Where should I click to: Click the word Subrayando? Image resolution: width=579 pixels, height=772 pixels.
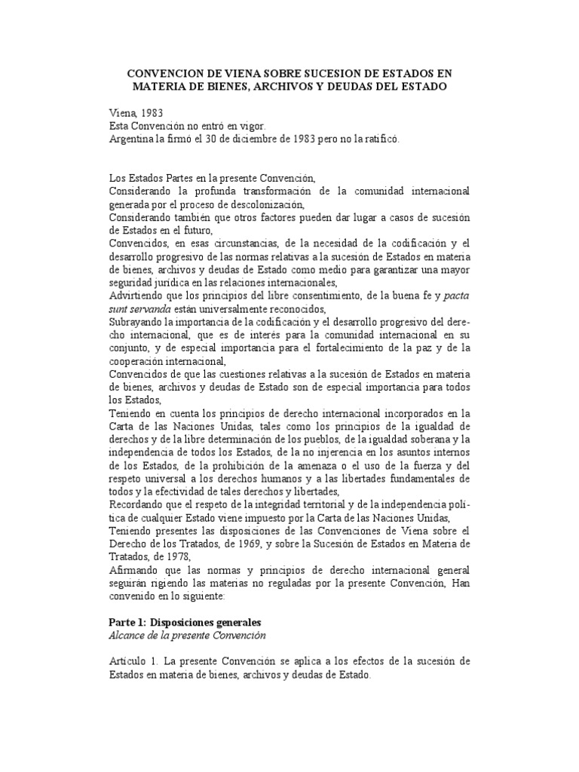[138, 321]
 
